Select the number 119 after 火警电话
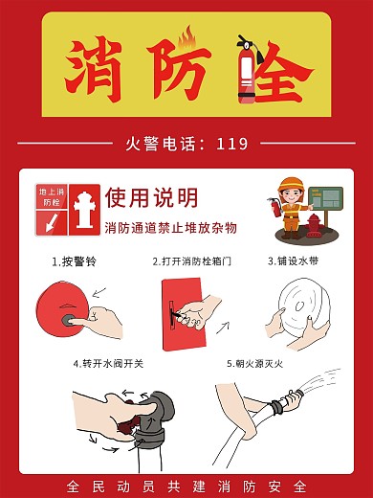point(232,145)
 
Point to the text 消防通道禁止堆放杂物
point(170,228)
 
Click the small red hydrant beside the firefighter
point(313,226)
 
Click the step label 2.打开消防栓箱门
point(191,260)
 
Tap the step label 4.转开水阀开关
point(108,364)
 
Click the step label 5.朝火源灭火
point(257,364)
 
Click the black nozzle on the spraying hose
point(278,407)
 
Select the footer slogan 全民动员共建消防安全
point(186,486)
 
